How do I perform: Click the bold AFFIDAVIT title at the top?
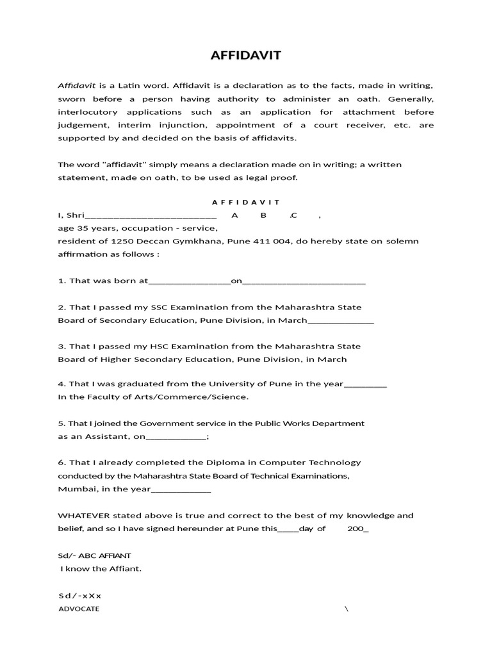(x=246, y=56)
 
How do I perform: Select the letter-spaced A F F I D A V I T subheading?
(x=246, y=202)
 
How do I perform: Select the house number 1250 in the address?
(x=123, y=242)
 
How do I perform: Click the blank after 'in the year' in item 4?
(x=365, y=384)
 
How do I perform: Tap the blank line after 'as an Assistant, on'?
(x=176, y=438)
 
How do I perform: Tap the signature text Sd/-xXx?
(x=79, y=596)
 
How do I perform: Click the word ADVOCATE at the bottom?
(x=79, y=609)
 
